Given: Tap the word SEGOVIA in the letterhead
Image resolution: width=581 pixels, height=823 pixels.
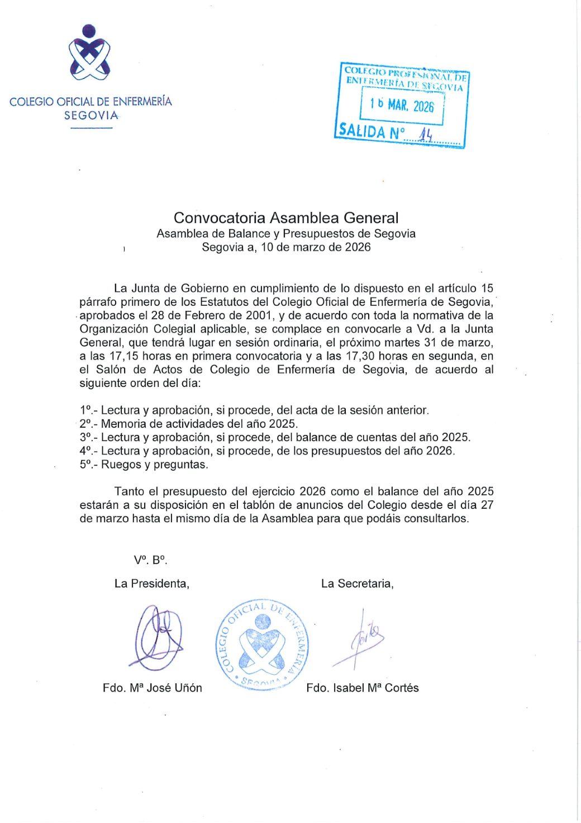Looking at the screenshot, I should pyautogui.click(x=91, y=116).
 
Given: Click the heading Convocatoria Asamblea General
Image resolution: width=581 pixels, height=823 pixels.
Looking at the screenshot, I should pyautogui.click(x=286, y=217).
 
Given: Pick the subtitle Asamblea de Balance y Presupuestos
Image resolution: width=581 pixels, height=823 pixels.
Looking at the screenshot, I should pyautogui.click(x=286, y=234).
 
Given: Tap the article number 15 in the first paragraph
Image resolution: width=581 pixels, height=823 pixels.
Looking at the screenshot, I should pyautogui.click(x=487, y=288).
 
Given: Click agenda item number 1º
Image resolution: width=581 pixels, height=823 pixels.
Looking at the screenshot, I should pyautogui.click(x=86, y=410).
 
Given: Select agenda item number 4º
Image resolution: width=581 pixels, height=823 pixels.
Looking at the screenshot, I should pyautogui.click(x=86, y=451).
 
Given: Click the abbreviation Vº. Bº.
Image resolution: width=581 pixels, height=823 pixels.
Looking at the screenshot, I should pyautogui.click(x=151, y=560).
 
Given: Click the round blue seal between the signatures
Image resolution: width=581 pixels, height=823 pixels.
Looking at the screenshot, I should pyautogui.click(x=262, y=643).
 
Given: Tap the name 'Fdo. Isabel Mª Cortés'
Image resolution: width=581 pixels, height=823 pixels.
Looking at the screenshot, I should pyautogui.click(x=362, y=688).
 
